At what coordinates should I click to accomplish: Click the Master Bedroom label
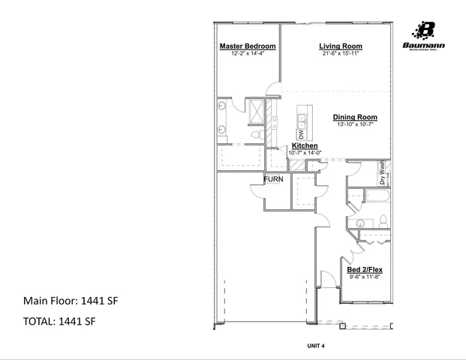click(x=247, y=46)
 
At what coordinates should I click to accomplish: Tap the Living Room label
click(x=341, y=46)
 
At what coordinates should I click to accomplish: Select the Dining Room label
click(x=355, y=118)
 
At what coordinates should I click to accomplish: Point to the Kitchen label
click(x=305, y=145)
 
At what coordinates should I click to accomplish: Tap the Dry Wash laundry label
click(x=382, y=173)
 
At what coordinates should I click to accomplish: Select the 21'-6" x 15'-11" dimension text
click(x=341, y=54)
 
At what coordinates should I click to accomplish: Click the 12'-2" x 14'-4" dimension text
click(x=247, y=54)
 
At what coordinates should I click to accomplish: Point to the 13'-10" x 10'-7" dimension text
click(x=355, y=125)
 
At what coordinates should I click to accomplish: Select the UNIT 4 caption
click(x=315, y=346)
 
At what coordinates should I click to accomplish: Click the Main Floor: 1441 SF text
click(x=71, y=301)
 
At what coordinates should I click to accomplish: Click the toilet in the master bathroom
click(x=254, y=134)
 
